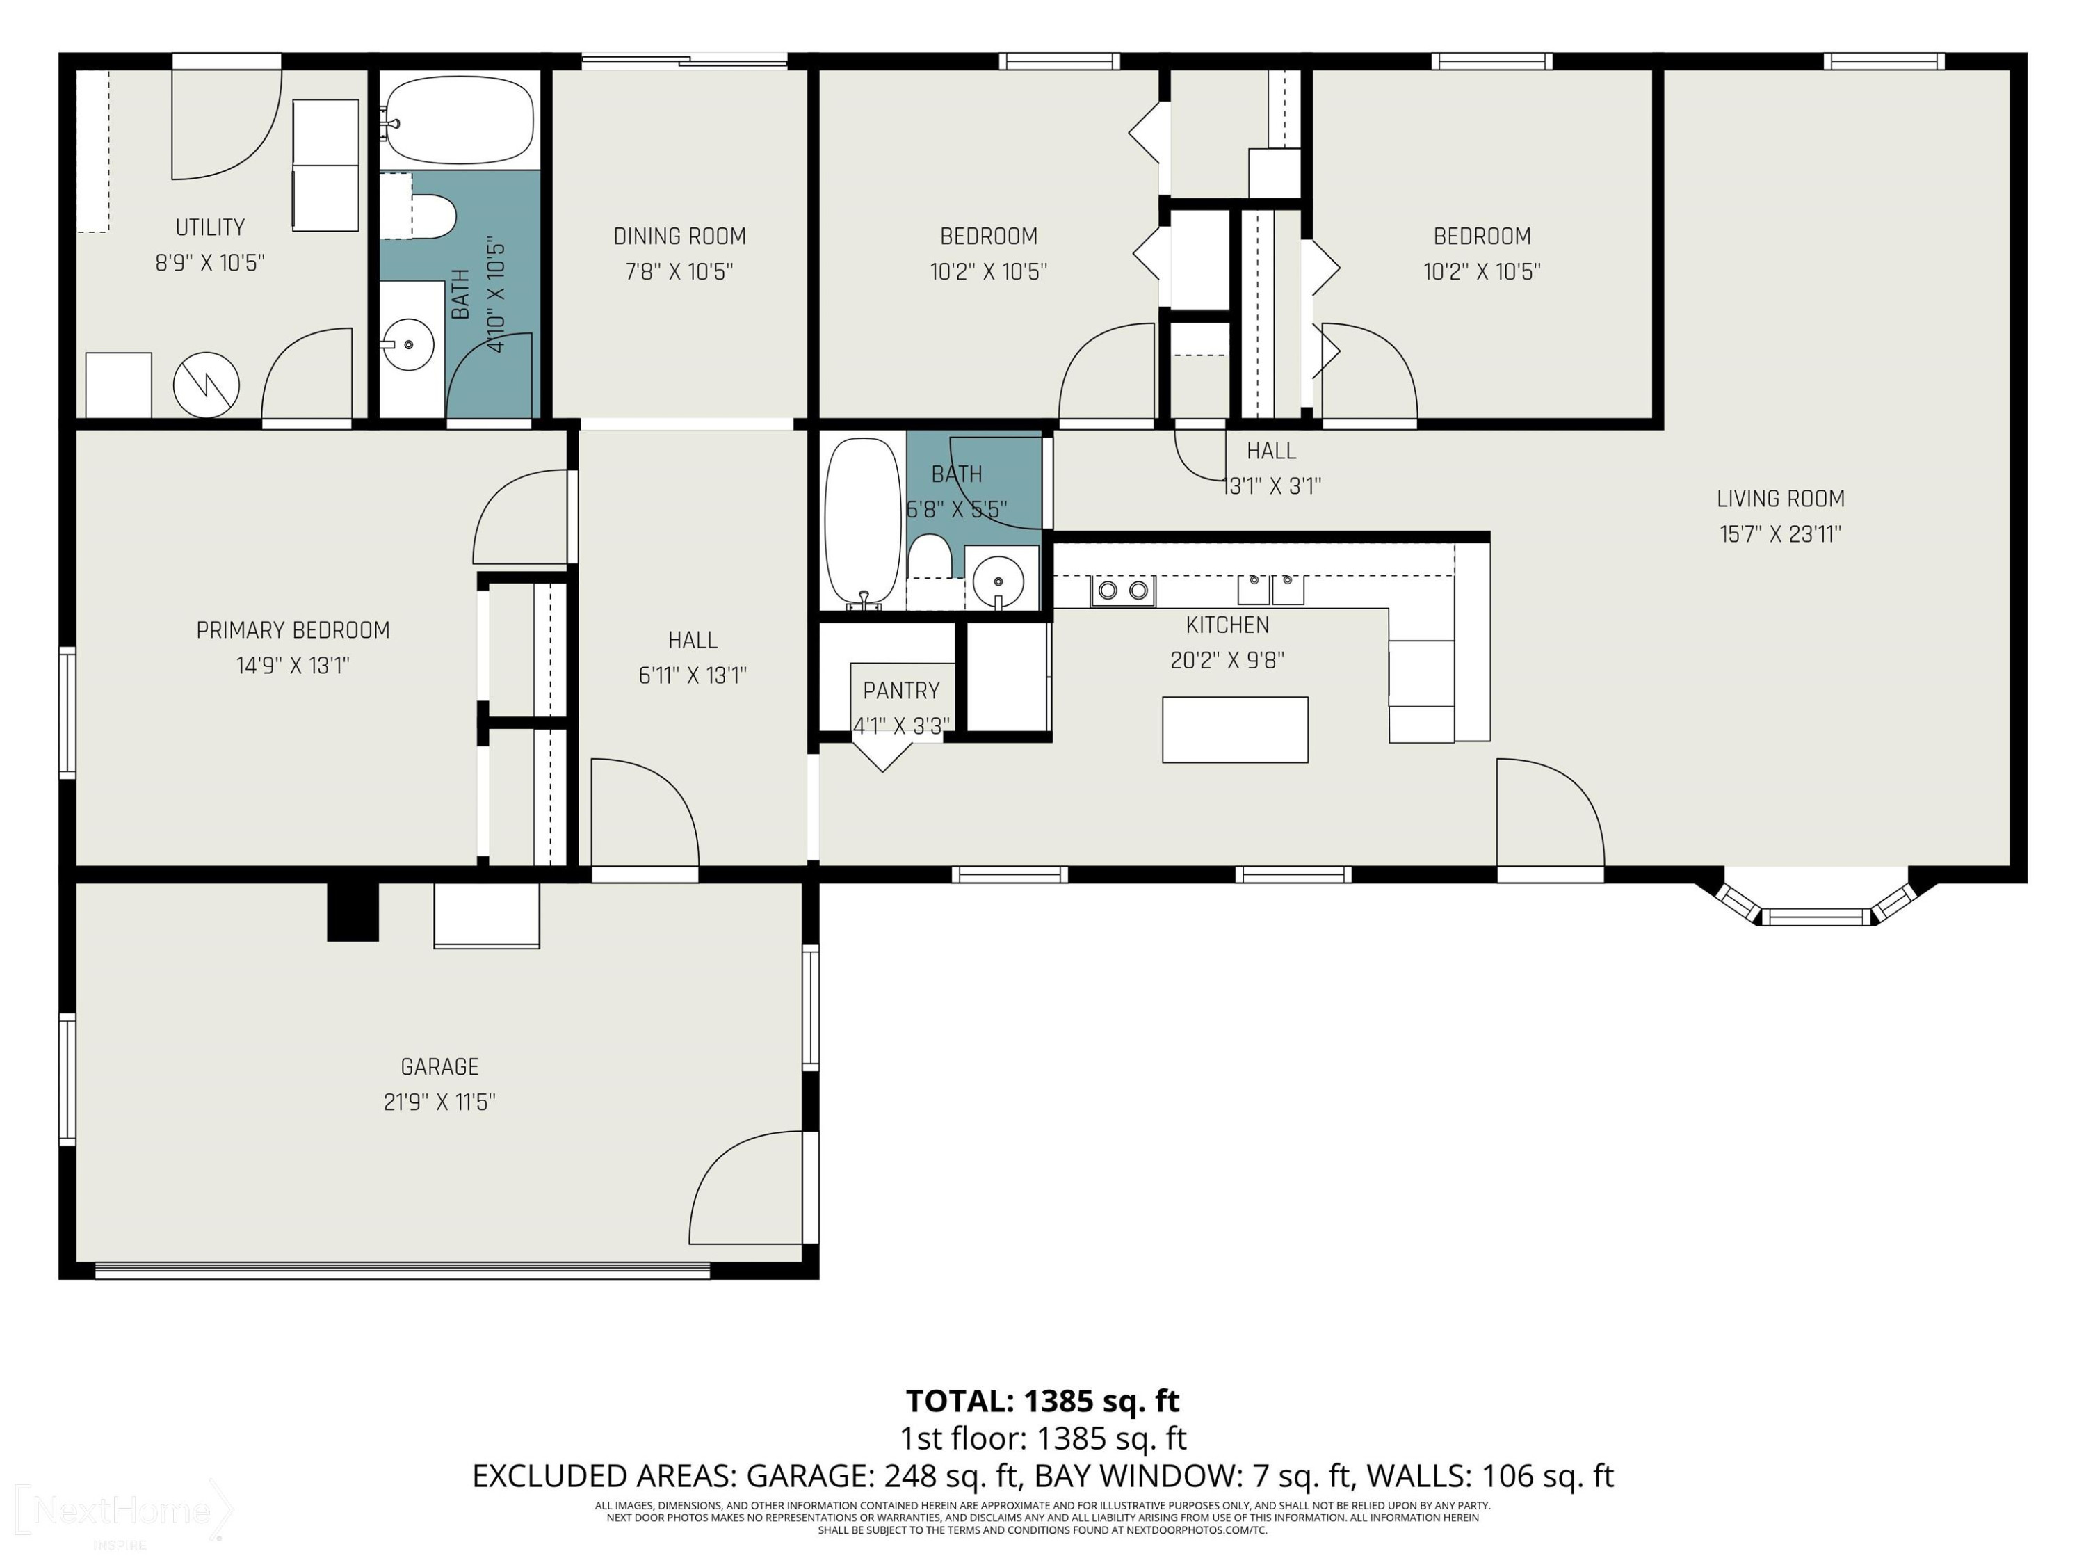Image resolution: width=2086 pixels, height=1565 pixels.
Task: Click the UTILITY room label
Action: tap(210, 227)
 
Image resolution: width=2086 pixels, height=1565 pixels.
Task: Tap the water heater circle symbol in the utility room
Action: tap(206, 385)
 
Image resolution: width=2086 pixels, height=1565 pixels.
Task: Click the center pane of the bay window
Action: tap(1816, 916)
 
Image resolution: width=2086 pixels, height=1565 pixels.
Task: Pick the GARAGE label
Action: tap(439, 1067)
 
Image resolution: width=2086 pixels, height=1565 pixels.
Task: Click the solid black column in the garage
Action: tap(353, 911)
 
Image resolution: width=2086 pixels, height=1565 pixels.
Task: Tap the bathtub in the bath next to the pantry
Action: tap(862, 520)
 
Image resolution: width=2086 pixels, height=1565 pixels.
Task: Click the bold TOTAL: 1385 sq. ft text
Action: tap(1042, 1401)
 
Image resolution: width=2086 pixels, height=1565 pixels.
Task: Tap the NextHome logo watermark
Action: tap(122, 1509)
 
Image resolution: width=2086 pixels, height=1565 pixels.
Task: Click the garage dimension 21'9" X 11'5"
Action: tap(439, 1102)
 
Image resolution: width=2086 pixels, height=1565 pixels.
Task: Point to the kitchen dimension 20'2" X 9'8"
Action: tap(1227, 660)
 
